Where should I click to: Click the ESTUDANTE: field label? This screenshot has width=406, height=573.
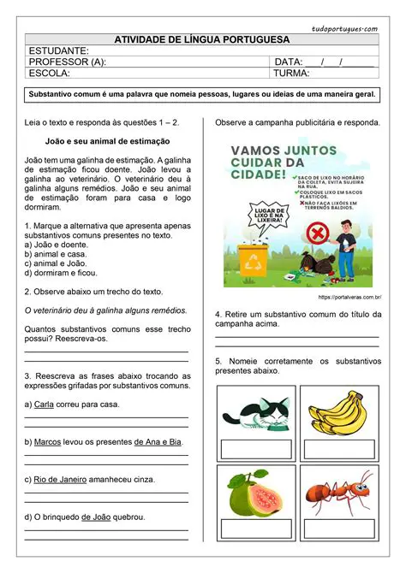click(59, 51)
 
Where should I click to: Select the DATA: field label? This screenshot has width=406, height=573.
click(287, 62)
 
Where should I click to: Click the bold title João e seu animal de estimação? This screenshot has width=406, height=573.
click(107, 140)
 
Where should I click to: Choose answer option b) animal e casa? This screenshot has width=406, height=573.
click(56, 254)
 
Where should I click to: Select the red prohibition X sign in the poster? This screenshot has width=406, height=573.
click(317, 231)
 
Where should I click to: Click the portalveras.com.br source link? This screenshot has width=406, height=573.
click(349, 297)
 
